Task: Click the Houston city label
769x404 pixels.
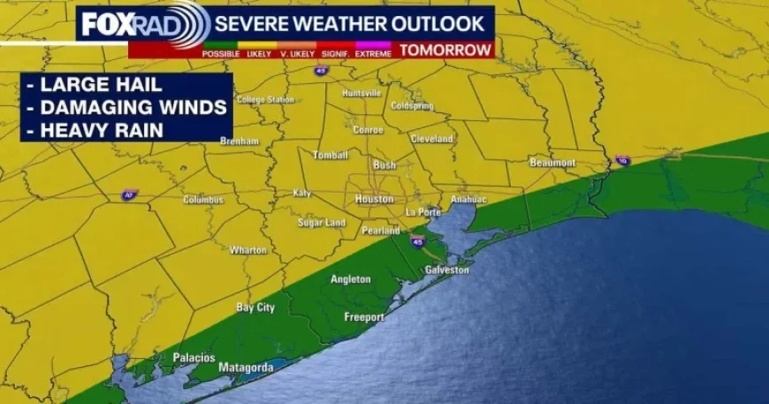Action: pyautogui.click(x=374, y=199)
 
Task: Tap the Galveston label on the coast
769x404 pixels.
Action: pyautogui.click(x=446, y=270)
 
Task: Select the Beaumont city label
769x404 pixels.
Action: pyautogui.click(x=552, y=163)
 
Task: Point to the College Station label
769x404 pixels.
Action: pyautogui.click(x=265, y=100)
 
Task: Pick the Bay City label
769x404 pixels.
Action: pyautogui.click(x=255, y=308)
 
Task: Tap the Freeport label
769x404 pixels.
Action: pyautogui.click(x=364, y=316)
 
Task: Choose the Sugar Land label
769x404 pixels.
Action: pyautogui.click(x=321, y=223)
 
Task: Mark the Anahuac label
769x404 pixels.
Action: pyautogui.click(x=468, y=200)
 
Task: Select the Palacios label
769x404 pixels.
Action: pyautogui.click(x=194, y=357)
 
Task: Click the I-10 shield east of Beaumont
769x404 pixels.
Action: pyautogui.click(x=622, y=160)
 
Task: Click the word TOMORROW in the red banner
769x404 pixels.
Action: pyautogui.click(x=445, y=50)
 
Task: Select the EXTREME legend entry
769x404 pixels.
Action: pyautogui.click(x=375, y=54)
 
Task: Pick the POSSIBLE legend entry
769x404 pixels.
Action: pyautogui.click(x=221, y=54)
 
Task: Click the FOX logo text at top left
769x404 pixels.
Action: pyautogui.click(x=107, y=24)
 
